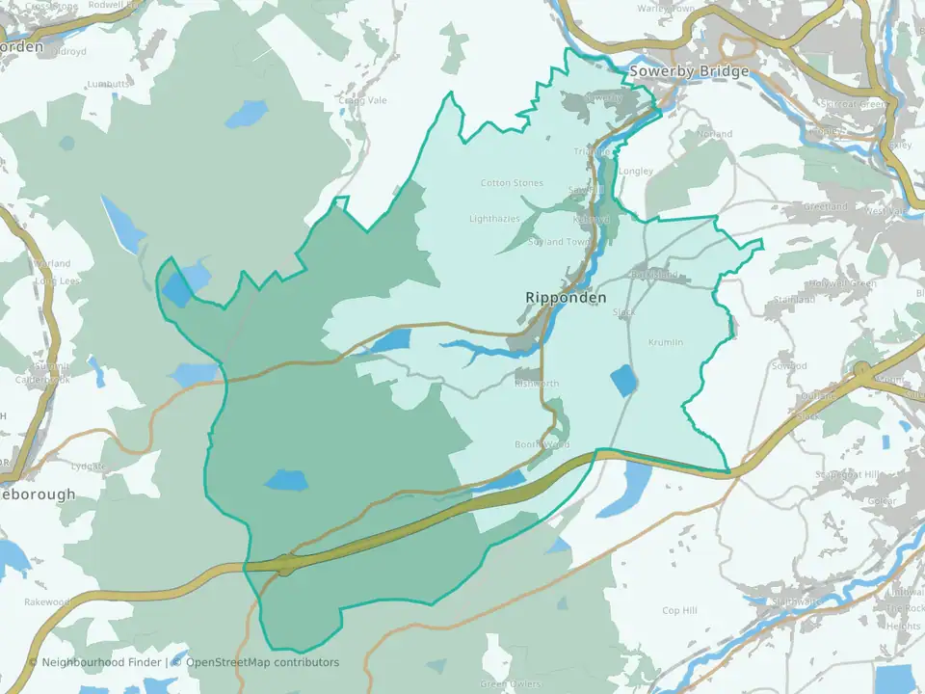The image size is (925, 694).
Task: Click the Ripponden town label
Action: pyautogui.click(x=567, y=298)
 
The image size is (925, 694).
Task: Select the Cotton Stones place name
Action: pyautogui.click(x=512, y=183)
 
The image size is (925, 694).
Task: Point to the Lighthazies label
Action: pyautogui.click(x=493, y=219)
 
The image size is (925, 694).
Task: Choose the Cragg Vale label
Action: pyautogui.click(x=362, y=99)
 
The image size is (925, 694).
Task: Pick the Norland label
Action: pyautogui.click(x=714, y=133)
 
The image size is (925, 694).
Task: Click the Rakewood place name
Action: pyautogui.click(x=48, y=602)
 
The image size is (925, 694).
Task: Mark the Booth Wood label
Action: pyautogui.click(x=542, y=444)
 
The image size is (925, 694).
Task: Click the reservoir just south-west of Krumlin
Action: pyautogui.click(x=623, y=381)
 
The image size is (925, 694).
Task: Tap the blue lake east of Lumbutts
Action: pyautogui.click(x=246, y=115)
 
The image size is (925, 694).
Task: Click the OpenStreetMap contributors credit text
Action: pyautogui.click(x=262, y=662)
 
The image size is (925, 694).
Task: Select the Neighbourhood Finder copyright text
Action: pyautogui.click(x=96, y=662)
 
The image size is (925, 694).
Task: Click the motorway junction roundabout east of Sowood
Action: pyautogui.click(x=862, y=369)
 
